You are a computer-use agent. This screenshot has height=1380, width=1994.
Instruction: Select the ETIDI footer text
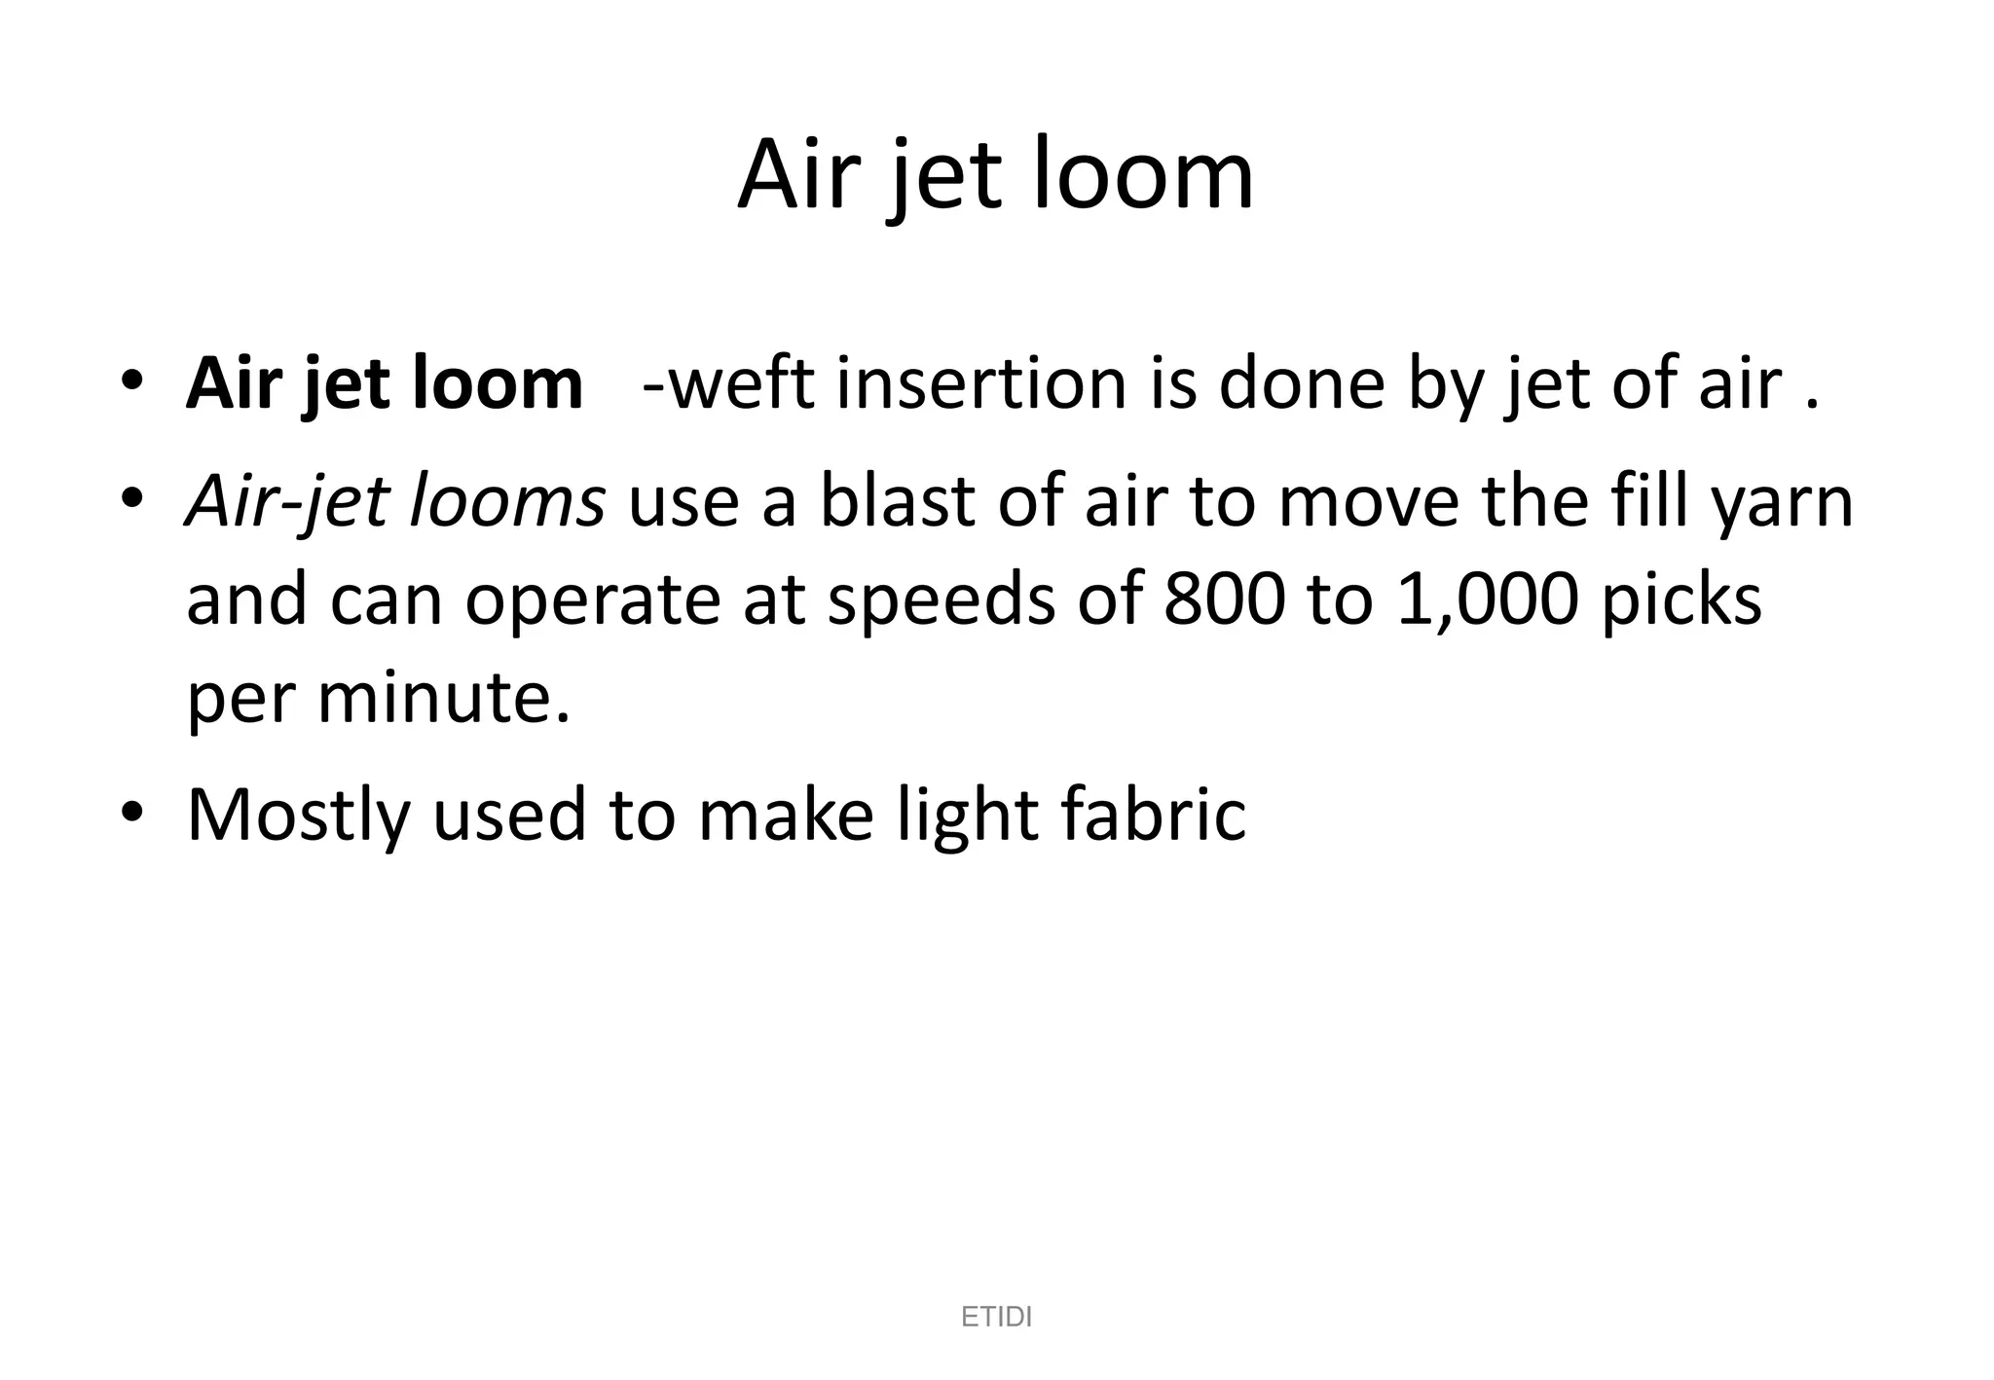[996, 1317]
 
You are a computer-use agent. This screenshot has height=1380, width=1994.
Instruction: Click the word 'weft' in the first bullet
[741, 383]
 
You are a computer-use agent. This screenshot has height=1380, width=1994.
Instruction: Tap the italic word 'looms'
[506, 502]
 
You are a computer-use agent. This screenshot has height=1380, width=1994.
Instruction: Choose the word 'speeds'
[941, 600]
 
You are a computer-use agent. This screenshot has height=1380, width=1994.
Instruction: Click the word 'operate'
[591, 600]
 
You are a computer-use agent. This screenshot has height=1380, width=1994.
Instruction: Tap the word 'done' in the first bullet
[1302, 383]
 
